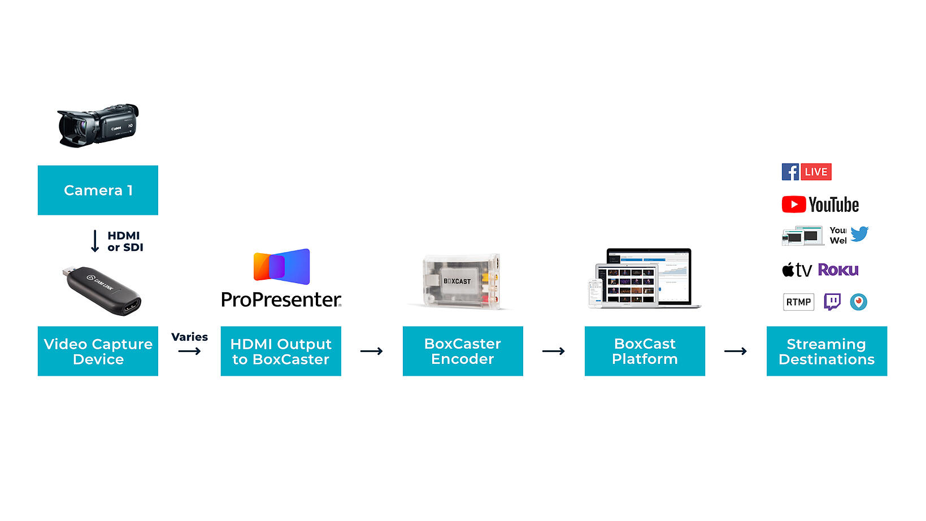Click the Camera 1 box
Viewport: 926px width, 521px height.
(98, 190)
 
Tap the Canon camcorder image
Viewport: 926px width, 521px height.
(98, 125)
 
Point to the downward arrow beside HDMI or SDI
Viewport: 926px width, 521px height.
(95, 241)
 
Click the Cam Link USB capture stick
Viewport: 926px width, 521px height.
(102, 290)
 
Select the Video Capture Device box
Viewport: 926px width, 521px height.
(98, 351)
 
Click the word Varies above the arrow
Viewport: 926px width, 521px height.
(189, 337)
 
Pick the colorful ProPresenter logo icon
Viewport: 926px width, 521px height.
(281, 266)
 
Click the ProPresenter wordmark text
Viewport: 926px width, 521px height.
(281, 299)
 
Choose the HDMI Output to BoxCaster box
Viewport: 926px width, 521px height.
(281, 351)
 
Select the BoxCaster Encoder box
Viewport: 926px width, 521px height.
(463, 351)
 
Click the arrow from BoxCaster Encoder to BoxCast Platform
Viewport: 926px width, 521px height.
(554, 351)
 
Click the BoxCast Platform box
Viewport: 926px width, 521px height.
(645, 351)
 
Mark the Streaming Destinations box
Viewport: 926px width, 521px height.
(827, 351)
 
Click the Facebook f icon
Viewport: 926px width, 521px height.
(790, 172)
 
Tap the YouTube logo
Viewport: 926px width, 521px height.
(820, 205)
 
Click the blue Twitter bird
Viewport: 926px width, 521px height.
(859, 233)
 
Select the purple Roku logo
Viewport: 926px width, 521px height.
(838, 270)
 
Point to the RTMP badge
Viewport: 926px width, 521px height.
(798, 302)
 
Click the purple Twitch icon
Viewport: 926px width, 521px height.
(832, 302)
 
